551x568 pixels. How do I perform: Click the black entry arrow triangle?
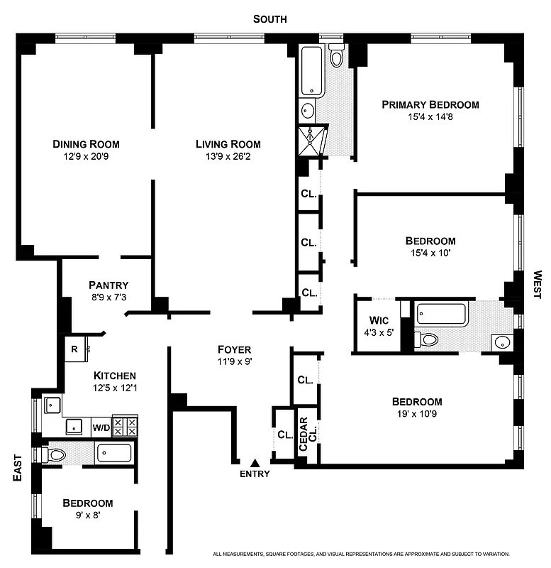click(255, 463)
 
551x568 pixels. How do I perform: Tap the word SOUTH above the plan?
click(270, 19)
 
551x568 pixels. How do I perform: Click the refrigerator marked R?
click(74, 349)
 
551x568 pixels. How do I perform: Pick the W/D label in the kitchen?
click(101, 428)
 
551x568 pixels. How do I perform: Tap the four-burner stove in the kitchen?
click(126, 426)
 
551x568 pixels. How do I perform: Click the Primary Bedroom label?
click(430, 104)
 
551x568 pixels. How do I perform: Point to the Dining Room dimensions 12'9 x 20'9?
click(85, 156)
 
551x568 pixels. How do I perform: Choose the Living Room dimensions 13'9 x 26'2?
click(223, 156)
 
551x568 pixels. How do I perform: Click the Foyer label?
click(235, 349)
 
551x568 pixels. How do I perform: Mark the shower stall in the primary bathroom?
click(313, 140)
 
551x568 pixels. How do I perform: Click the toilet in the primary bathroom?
click(337, 55)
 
